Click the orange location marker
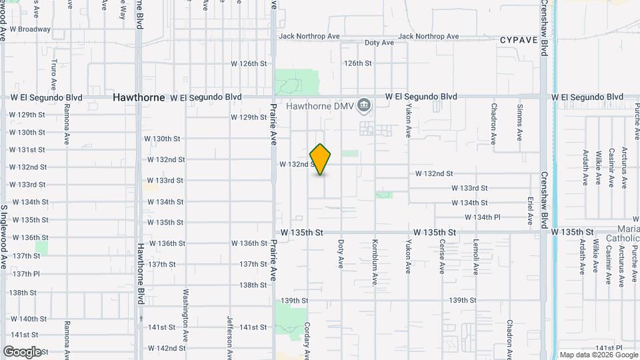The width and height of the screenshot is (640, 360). pos(321,159)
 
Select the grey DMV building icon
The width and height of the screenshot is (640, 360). pos(363,105)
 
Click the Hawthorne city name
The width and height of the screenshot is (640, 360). pos(139,97)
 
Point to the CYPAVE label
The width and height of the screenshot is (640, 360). pos(519,41)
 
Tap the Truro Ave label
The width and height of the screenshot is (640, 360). pos(54,77)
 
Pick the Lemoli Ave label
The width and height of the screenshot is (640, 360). pos(476,257)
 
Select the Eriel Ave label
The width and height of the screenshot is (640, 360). pos(531,210)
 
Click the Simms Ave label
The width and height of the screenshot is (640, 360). pos(520,122)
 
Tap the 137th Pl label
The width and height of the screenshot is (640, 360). pos(27,274)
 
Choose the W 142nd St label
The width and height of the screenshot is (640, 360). pos(166,348)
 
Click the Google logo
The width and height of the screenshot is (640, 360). pos(22,352)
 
